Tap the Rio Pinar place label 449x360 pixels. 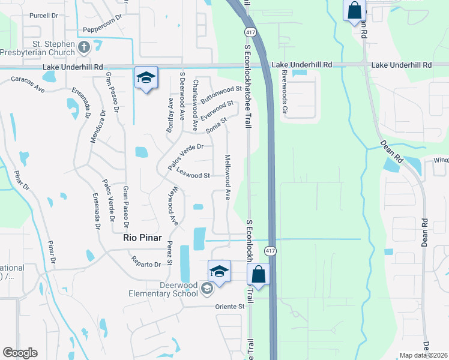(x=143, y=237)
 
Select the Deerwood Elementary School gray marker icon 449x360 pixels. (x=206, y=289)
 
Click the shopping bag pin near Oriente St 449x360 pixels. (x=259, y=275)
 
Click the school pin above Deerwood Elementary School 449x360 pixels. (x=220, y=272)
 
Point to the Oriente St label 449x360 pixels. (x=230, y=307)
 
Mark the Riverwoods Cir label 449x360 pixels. (x=285, y=93)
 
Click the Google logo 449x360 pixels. (x=20, y=353)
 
